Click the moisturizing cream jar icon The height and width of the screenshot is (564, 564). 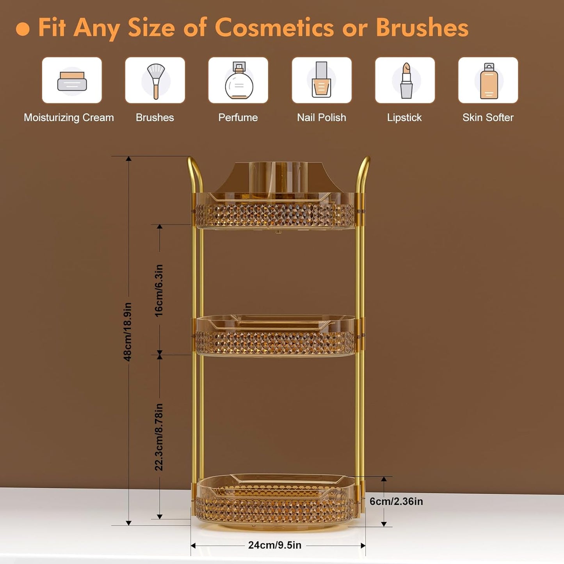coord(72,81)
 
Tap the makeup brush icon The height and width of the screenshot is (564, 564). coord(155,80)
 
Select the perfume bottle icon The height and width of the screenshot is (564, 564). coord(238,81)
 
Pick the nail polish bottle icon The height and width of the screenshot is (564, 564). coord(322,80)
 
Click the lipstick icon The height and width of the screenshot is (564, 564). coord(406,80)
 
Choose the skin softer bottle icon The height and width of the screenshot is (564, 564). coord(489,81)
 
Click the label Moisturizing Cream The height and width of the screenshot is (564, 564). coord(69,117)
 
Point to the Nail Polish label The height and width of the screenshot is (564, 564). coord(321,117)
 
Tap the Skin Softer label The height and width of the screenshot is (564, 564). coord(488,117)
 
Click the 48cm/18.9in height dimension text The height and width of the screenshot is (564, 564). coord(128,332)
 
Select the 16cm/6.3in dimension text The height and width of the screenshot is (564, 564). coord(159,290)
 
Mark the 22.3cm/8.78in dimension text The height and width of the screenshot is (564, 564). coord(159,437)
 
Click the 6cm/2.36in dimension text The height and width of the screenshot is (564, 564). coord(396,501)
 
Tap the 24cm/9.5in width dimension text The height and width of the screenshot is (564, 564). coord(275,545)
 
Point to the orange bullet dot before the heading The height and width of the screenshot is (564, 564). coord(23,29)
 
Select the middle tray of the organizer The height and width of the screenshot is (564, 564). coord(275,336)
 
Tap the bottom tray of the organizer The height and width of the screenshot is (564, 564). coord(275,502)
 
